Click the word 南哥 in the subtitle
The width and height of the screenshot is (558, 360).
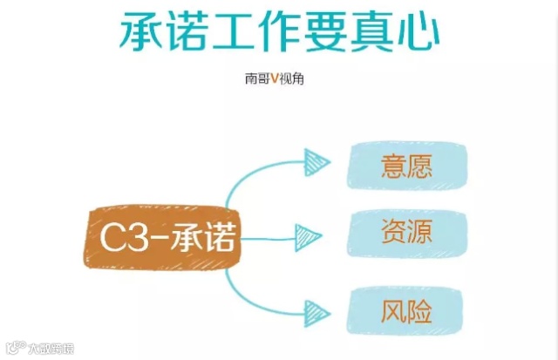[256, 78]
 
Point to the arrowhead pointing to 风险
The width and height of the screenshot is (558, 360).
[315, 309]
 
